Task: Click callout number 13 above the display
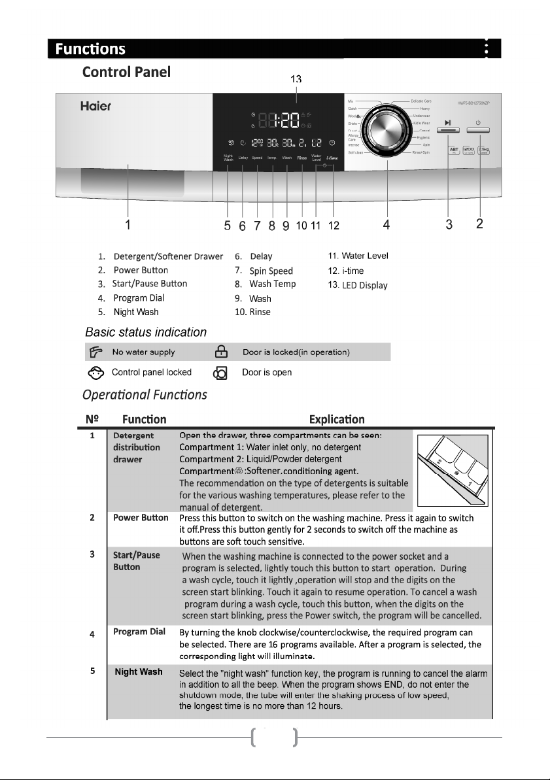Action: coord(296,79)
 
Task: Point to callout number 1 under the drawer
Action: coord(129,225)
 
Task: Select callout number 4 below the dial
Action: coord(387,225)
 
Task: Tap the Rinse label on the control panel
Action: coord(301,158)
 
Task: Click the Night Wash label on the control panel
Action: coord(228,158)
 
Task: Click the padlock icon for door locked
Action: coord(220,352)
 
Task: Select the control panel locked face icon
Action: coord(94,373)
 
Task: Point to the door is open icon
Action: coord(220,373)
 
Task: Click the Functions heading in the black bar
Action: coord(90,49)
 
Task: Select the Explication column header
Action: coord(337,419)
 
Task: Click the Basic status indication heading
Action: coord(146,332)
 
